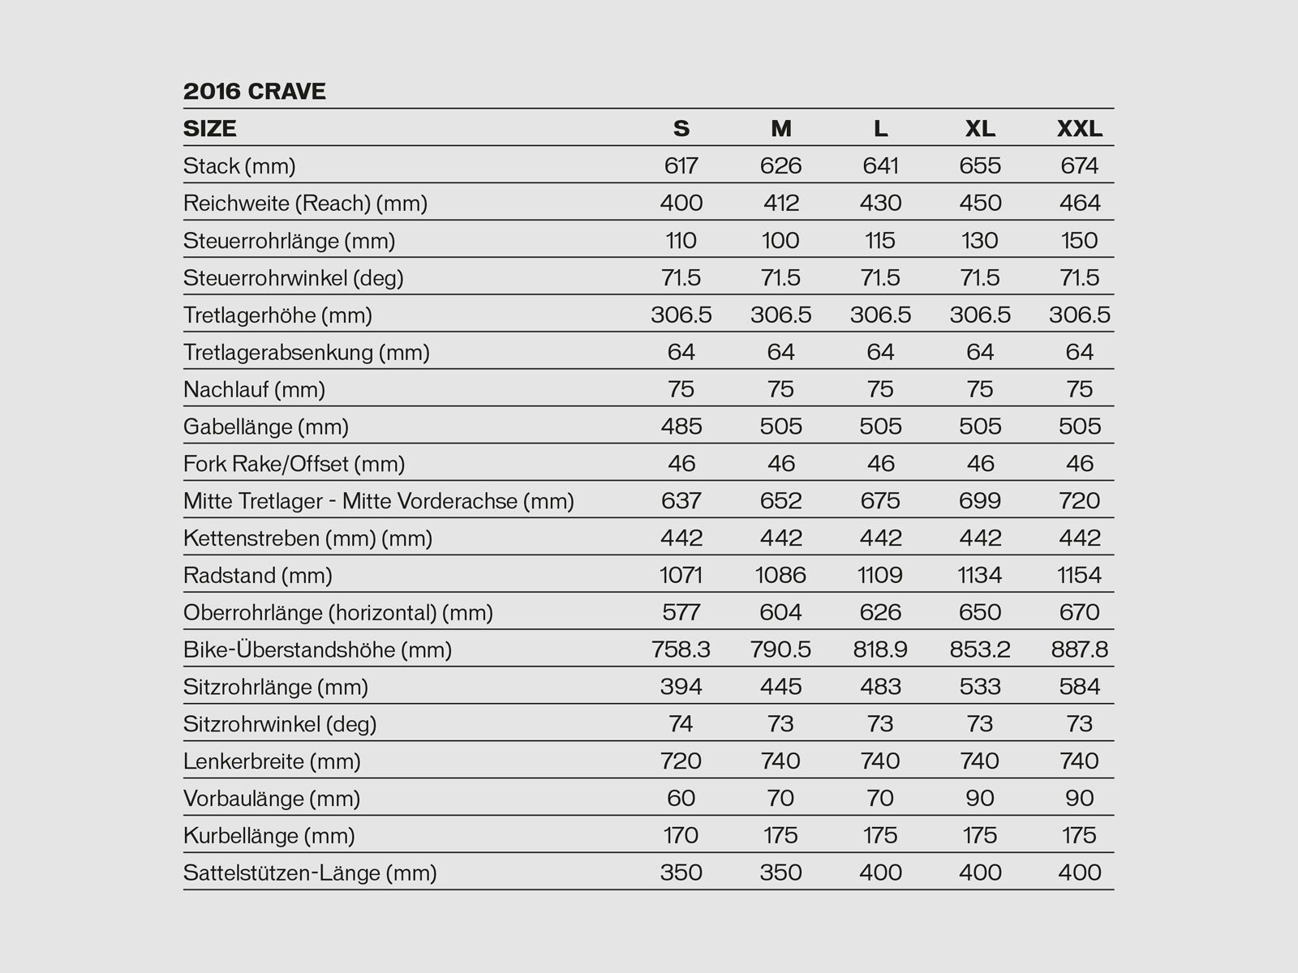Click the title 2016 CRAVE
(254, 91)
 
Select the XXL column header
(1079, 128)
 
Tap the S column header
(681, 128)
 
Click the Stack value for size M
(780, 165)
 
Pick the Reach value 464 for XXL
(1079, 203)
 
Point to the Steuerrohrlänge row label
(289, 241)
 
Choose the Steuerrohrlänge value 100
(780, 240)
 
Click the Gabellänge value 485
(681, 426)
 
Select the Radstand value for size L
(880, 575)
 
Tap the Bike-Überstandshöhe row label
(317, 649)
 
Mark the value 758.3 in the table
(681, 649)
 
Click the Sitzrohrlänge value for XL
(980, 687)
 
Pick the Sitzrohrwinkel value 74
(681, 723)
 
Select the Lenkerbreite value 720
(681, 761)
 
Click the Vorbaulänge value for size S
(681, 798)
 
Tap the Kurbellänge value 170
(681, 835)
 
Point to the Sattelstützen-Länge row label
(310, 873)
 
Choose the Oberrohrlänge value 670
(1079, 612)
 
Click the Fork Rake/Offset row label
(294, 464)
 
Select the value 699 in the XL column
(980, 500)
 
